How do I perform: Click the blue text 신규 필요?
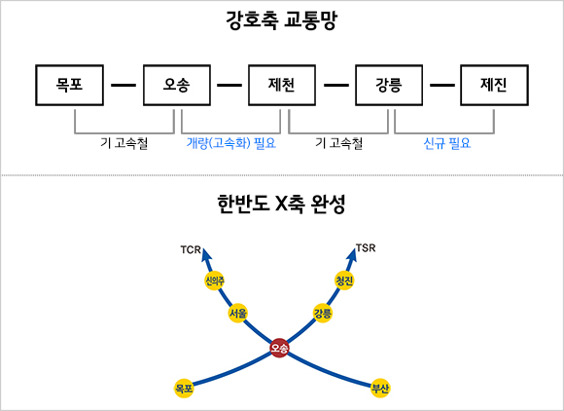[x=447, y=143]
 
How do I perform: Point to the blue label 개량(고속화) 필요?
[x=230, y=143]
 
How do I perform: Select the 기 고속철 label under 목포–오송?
[x=124, y=143]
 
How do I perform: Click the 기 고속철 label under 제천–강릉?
[x=338, y=143]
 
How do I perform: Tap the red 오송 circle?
[x=279, y=348]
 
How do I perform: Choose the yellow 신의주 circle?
[x=215, y=280]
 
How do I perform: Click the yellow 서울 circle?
[x=238, y=313]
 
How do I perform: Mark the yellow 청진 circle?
[x=344, y=280]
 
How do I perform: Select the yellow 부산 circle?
[x=380, y=388]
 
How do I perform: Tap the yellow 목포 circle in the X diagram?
[x=184, y=388]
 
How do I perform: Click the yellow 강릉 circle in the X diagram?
[x=323, y=313]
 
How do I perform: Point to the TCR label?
[x=191, y=249]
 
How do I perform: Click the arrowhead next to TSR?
[x=352, y=254]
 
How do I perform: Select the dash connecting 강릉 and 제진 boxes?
[x=442, y=86]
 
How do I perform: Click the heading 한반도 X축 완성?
[x=281, y=205]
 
